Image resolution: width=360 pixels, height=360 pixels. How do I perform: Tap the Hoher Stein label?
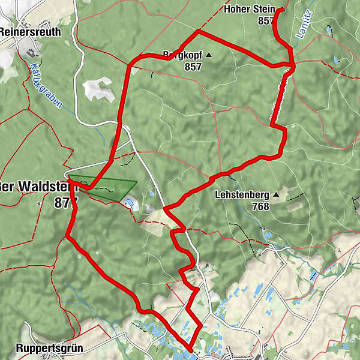(248, 9)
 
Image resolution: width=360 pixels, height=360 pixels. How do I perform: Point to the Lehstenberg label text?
(242, 195)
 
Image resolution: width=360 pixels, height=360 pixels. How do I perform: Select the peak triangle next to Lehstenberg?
(276, 195)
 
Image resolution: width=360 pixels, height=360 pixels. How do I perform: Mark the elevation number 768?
(260, 206)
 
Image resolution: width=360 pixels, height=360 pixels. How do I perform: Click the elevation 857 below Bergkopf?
(193, 67)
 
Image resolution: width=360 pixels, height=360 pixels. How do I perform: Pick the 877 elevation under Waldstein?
(62, 203)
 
